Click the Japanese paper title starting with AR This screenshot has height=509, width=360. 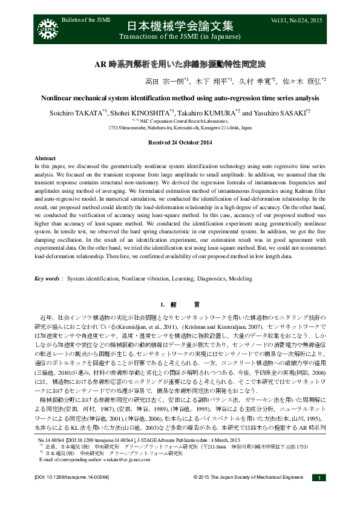[180, 63]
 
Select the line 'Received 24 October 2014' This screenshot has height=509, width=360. [180, 142]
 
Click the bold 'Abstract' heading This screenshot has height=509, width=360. [45, 157]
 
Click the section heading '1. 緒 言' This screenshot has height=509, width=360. [180, 303]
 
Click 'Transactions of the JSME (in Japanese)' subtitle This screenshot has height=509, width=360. [180, 36]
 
